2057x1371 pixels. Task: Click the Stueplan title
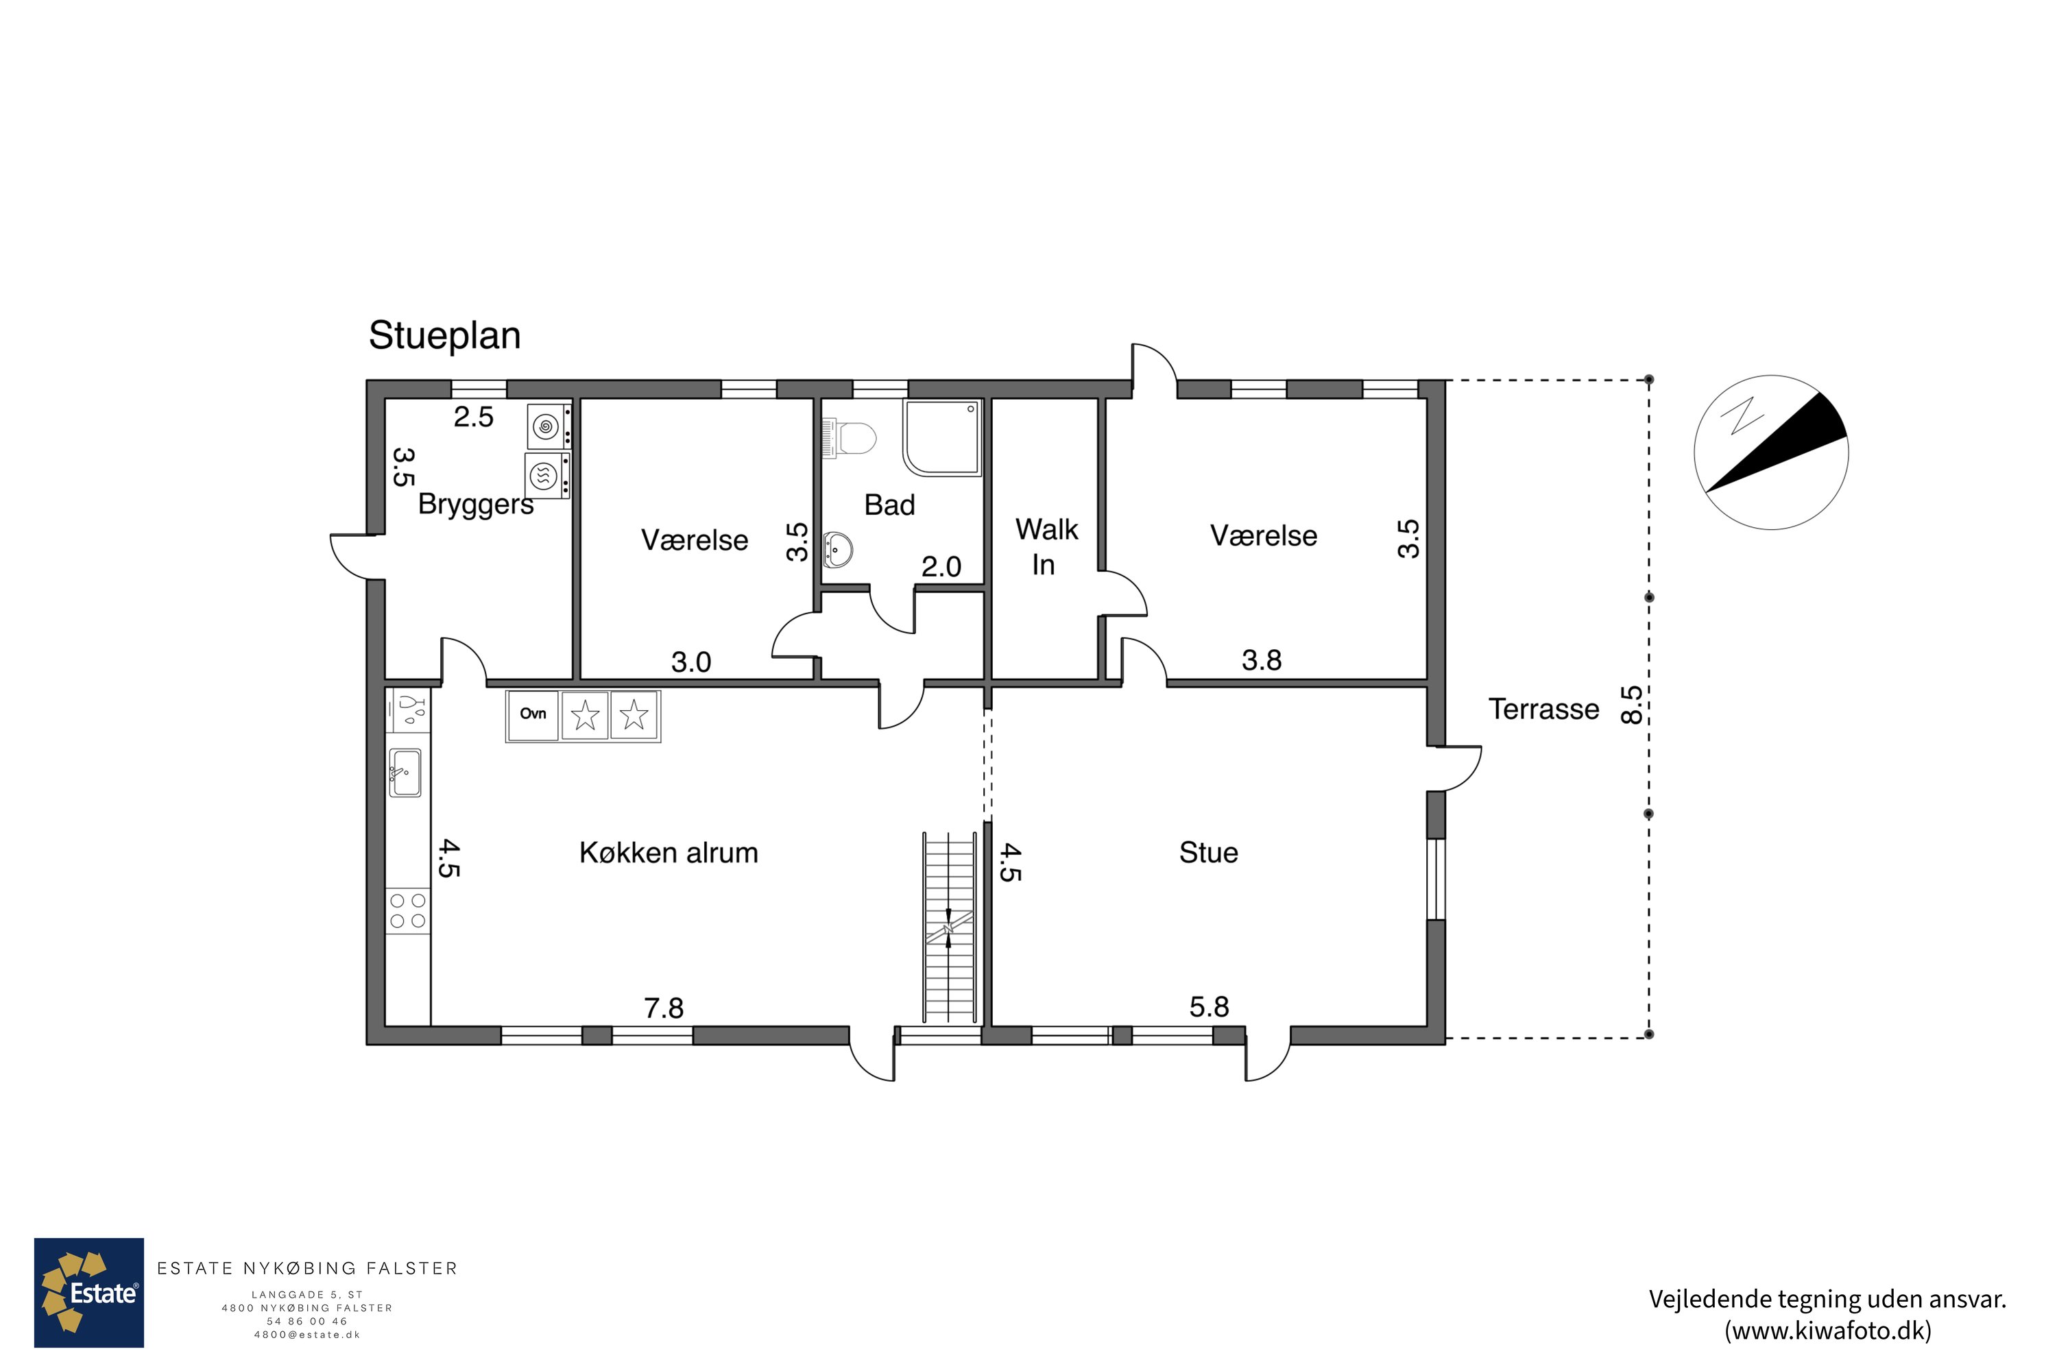click(444, 336)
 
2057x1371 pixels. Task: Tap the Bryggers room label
click(476, 505)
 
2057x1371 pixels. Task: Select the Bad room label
click(889, 505)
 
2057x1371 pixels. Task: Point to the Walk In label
click(1046, 546)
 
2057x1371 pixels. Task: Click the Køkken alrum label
click(668, 853)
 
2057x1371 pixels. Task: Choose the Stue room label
click(1209, 853)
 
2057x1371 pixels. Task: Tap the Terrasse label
click(1543, 709)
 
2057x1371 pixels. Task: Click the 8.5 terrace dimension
click(1631, 705)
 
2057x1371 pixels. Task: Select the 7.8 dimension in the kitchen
click(664, 1008)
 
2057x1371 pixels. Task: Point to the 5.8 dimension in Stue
click(1209, 1007)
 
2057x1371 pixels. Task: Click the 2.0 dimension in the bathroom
click(941, 567)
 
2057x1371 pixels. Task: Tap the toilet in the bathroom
click(850, 438)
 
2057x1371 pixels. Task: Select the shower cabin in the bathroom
click(942, 438)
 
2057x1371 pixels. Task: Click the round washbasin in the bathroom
click(838, 549)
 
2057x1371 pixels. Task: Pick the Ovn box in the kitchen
click(533, 716)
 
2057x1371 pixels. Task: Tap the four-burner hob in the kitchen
click(407, 911)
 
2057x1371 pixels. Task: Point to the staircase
click(949, 927)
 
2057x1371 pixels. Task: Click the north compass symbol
click(1771, 452)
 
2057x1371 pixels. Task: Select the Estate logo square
click(89, 1292)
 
